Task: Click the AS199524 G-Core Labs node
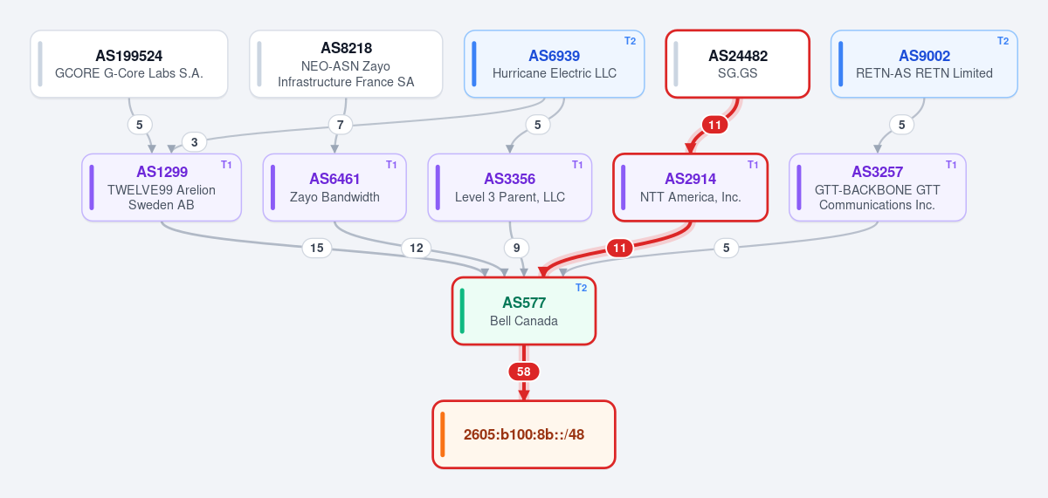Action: click(x=129, y=64)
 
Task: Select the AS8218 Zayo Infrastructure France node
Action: click(x=346, y=64)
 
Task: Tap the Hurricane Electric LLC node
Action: click(x=554, y=64)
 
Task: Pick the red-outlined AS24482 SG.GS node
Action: click(x=737, y=64)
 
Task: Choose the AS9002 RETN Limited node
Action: click(x=924, y=64)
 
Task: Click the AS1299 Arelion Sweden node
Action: click(x=162, y=188)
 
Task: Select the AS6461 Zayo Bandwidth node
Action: click(x=334, y=188)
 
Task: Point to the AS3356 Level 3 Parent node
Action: click(x=509, y=188)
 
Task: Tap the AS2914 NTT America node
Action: click(x=690, y=188)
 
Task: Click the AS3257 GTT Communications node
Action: click(x=877, y=188)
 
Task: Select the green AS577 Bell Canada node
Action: click(x=523, y=311)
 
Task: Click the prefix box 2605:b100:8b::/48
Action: click(x=523, y=434)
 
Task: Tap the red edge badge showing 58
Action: click(x=523, y=372)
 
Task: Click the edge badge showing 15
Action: click(x=317, y=248)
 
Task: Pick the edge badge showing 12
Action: click(x=417, y=248)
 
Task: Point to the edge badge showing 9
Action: click(x=516, y=248)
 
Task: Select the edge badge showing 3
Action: click(x=194, y=142)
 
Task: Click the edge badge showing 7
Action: click(x=340, y=125)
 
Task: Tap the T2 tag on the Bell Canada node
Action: click(x=581, y=288)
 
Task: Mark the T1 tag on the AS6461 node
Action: click(x=391, y=165)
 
